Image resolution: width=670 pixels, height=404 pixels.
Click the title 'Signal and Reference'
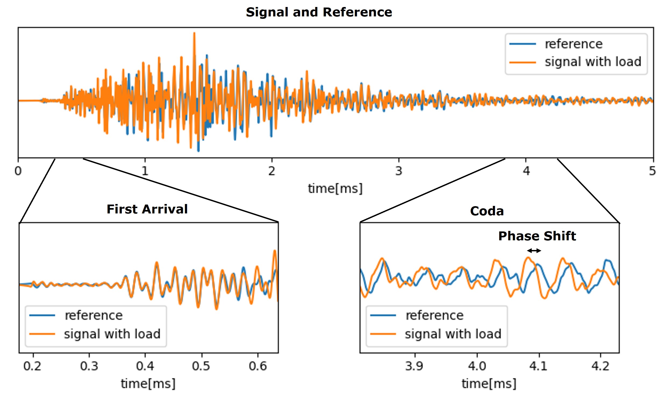(319, 12)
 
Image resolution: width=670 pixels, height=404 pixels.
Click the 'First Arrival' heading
(147, 209)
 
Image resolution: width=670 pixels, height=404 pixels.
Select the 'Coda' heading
(487, 211)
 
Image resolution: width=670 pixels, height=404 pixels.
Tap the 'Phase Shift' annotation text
(537, 236)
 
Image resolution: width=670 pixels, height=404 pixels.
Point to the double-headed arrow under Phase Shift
(534, 251)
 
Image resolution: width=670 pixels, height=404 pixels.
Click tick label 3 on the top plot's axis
(398, 171)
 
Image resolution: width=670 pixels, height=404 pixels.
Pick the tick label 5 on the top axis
(652, 171)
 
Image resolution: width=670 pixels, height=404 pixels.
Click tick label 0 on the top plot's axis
(18, 171)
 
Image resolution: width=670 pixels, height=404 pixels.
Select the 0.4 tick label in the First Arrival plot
(145, 366)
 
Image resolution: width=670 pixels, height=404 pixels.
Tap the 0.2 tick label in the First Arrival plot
(32, 366)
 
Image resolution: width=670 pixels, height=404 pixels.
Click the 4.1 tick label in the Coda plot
(538, 366)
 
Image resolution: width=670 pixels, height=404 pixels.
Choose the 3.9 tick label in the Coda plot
(414, 366)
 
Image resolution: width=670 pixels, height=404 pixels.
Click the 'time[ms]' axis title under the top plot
(335, 188)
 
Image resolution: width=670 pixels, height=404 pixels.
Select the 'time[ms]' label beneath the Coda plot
(489, 384)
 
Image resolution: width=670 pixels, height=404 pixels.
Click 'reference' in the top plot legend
(574, 44)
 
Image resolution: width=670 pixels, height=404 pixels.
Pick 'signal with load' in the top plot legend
(593, 62)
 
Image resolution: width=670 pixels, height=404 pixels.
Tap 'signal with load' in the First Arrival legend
(112, 334)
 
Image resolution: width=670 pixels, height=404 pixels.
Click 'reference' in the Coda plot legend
(434, 315)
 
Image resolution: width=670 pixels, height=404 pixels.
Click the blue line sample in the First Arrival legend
(42, 315)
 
